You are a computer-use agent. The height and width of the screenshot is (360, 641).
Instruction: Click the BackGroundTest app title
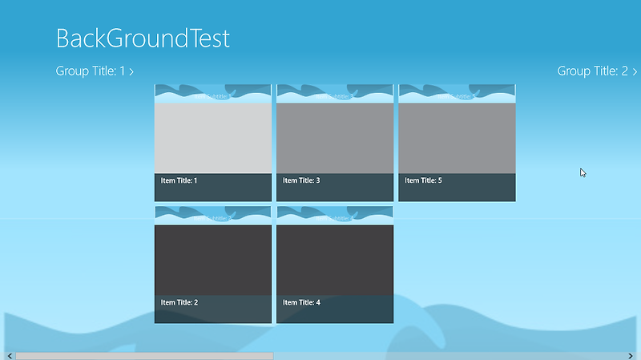click(x=143, y=38)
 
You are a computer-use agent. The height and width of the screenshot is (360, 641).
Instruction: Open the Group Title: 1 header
click(x=90, y=71)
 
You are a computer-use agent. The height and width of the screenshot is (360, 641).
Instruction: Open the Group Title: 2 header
click(x=592, y=71)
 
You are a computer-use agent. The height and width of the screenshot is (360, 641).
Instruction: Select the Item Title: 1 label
click(x=179, y=181)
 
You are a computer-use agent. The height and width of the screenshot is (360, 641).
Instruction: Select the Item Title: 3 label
click(x=301, y=181)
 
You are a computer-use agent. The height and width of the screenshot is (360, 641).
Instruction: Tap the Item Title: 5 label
click(x=423, y=181)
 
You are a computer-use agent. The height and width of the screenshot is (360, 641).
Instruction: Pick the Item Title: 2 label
click(x=179, y=303)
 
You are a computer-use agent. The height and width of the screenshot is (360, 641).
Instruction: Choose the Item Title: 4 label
click(x=301, y=303)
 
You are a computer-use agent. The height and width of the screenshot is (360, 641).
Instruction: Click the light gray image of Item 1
click(x=213, y=138)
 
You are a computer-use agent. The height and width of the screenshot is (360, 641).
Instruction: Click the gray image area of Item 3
click(x=335, y=138)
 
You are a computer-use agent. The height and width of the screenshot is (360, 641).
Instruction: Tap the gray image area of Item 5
click(x=457, y=138)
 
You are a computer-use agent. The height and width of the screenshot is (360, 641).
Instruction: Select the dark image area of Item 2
click(x=213, y=259)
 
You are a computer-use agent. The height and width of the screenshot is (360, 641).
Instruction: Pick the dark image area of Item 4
click(x=335, y=259)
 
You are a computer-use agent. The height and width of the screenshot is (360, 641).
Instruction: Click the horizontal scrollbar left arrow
click(x=9, y=355)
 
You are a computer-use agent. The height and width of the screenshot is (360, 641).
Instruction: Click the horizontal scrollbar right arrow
click(x=631, y=355)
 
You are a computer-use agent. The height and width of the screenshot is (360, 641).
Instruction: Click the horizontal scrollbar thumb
click(x=144, y=355)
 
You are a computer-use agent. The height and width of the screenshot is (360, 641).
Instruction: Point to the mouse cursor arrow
click(x=583, y=172)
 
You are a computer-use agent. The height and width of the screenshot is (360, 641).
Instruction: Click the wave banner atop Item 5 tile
click(x=457, y=93)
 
